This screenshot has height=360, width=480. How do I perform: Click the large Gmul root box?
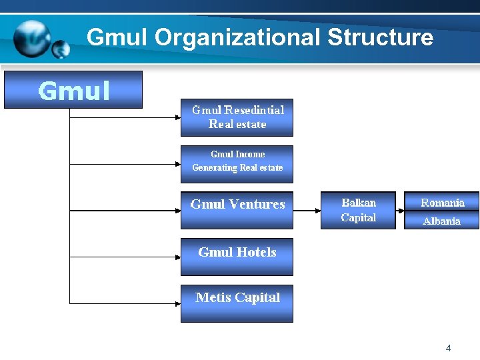[73, 90]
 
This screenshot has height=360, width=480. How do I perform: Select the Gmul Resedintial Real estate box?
[237, 117]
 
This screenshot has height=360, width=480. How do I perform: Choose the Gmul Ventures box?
[237, 210]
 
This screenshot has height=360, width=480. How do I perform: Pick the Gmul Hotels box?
[237, 257]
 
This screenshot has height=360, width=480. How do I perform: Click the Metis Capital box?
[237, 303]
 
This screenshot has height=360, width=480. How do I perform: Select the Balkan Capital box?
[358, 210]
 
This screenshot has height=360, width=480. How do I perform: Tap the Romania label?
[442, 202]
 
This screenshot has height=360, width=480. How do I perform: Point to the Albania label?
[442, 221]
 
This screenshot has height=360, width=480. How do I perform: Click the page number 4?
[448, 348]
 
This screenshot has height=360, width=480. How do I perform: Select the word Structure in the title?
[380, 37]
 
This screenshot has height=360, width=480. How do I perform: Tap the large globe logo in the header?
[33, 39]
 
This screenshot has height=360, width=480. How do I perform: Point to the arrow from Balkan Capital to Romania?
[400, 210]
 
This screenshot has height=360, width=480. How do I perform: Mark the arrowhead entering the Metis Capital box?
[177, 303]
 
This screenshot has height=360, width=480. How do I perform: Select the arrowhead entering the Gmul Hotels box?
[177, 257]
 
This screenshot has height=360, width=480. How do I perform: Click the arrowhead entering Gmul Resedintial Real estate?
[177, 117]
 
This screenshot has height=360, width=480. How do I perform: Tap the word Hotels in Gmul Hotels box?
[255, 252]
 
